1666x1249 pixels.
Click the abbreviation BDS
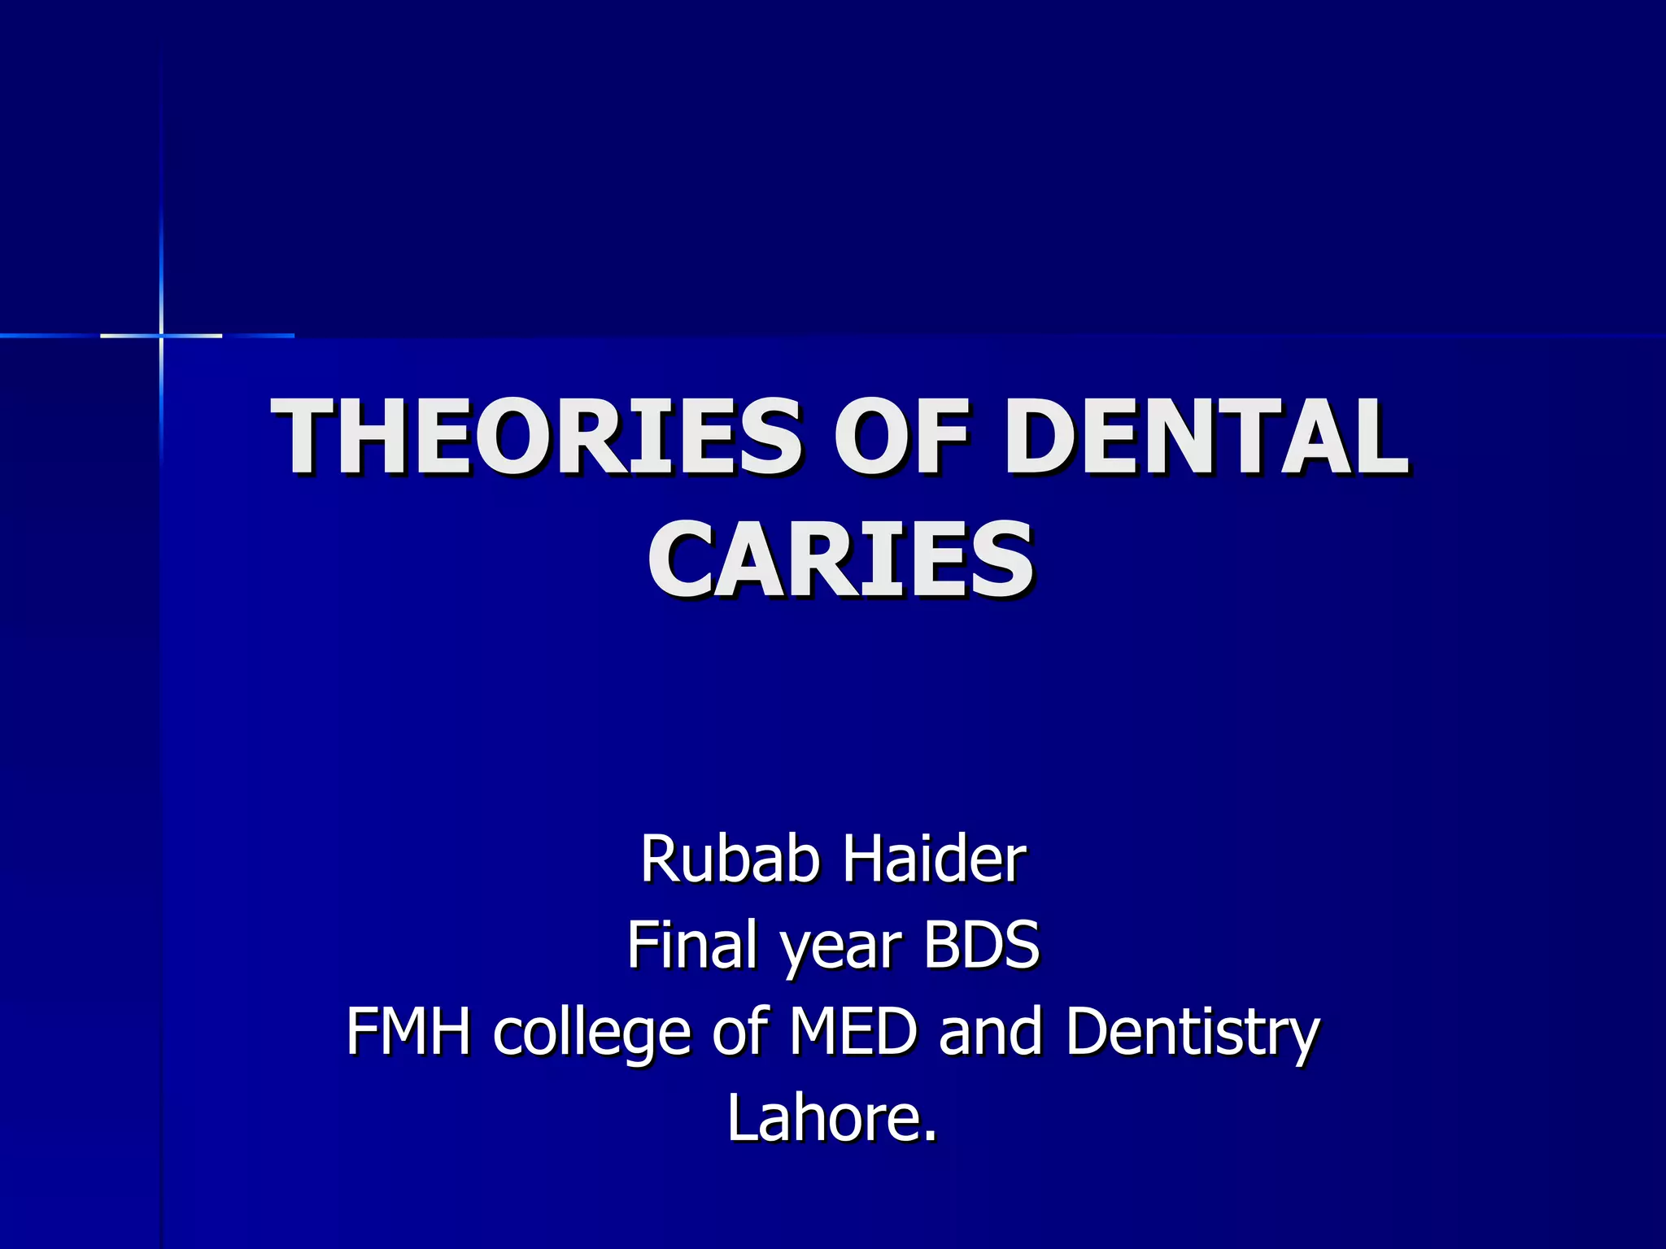[981, 945]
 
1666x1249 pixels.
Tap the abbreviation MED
[853, 1031]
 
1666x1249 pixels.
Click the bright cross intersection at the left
[161, 335]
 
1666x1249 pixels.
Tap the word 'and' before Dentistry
[991, 1031]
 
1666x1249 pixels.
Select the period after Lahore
[931, 1136]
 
